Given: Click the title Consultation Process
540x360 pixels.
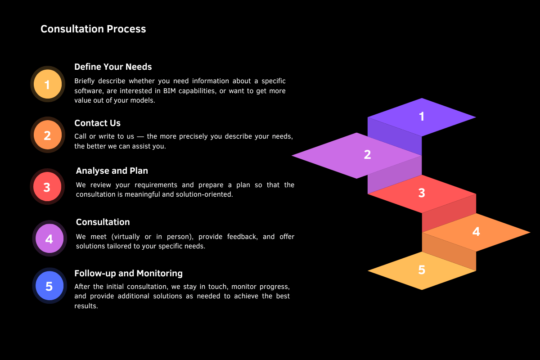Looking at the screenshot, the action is (x=93, y=29).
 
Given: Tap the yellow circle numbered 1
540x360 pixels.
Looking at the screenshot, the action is (x=48, y=84).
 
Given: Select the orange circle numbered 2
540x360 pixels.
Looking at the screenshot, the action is (x=48, y=135).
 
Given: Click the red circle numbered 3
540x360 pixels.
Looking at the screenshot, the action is (x=47, y=187).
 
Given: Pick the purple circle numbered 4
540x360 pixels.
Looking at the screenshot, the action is (x=49, y=238).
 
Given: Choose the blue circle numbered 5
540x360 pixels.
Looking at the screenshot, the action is (x=49, y=286).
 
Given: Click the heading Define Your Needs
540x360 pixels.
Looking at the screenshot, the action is (x=113, y=67).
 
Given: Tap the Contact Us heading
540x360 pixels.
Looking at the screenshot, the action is (x=97, y=123).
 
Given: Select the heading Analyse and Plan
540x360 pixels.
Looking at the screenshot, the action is (x=112, y=171).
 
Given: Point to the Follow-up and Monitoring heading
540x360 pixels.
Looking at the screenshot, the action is (x=129, y=274).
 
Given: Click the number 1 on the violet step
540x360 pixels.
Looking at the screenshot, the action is (x=422, y=117).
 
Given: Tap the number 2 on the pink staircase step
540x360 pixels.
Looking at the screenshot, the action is (x=367, y=154).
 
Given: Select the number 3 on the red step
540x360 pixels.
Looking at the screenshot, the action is (x=422, y=193).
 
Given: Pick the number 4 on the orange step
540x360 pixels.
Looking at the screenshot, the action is (x=476, y=231).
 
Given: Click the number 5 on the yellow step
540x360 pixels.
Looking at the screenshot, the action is (x=422, y=270).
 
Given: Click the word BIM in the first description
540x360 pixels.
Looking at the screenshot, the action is (x=170, y=91).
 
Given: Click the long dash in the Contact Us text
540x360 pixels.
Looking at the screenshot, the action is (x=140, y=137).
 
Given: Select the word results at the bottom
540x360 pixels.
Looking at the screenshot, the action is (x=86, y=306).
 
